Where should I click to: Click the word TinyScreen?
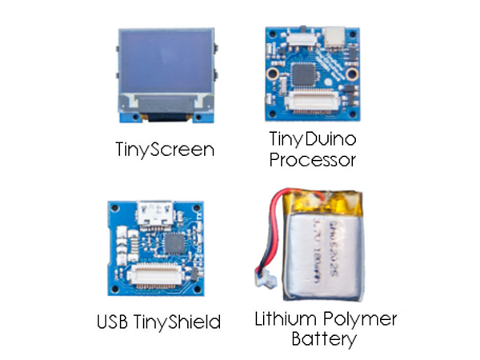[163, 149]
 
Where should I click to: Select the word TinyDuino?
[313, 139]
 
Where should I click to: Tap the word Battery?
[323, 339]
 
